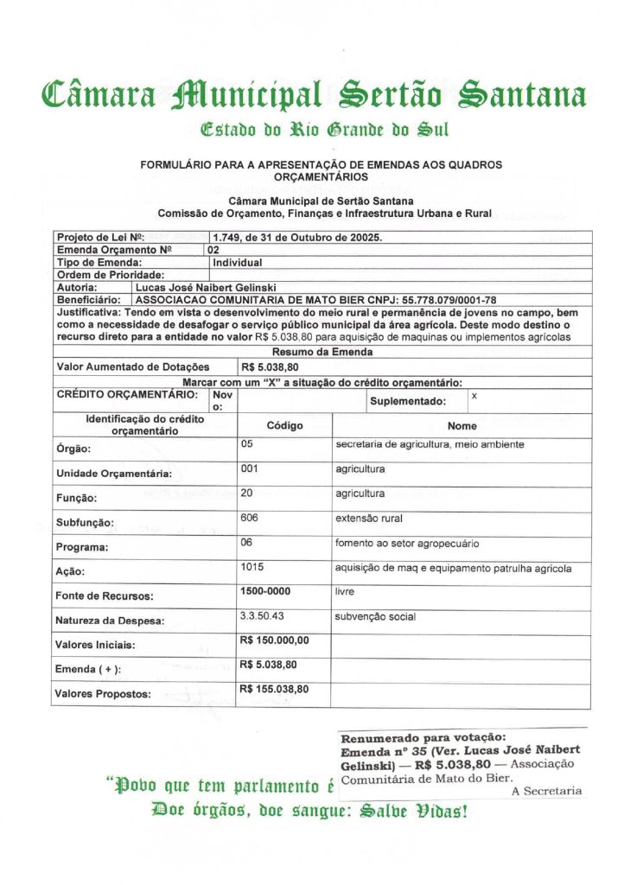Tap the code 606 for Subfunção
(x=252, y=518)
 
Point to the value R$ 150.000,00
(x=274, y=640)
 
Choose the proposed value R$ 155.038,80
(x=274, y=689)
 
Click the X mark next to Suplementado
(x=474, y=394)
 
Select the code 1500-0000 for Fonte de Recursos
(x=264, y=591)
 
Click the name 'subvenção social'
(x=375, y=616)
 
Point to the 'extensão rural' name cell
(x=369, y=519)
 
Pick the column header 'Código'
(x=284, y=425)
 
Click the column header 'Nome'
(x=462, y=425)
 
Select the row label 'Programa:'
(x=82, y=547)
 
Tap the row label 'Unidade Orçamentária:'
(x=113, y=474)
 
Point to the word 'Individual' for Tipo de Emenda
(x=238, y=262)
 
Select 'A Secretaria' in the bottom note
(x=546, y=790)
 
